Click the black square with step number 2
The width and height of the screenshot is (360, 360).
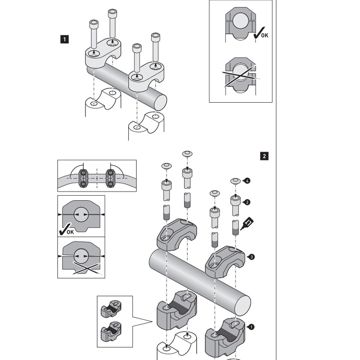(x=264, y=156)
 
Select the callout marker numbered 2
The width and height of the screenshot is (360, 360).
(x=247, y=202)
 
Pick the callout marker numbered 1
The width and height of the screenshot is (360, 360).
(x=252, y=327)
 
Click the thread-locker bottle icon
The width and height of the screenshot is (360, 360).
(x=248, y=224)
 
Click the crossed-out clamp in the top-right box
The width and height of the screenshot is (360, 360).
(x=241, y=75)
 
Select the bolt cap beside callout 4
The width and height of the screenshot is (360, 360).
(x=235, y=181)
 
